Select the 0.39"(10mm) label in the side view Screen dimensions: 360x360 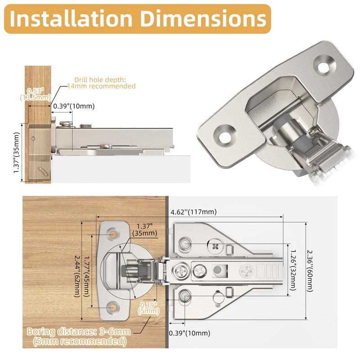coord(74,106)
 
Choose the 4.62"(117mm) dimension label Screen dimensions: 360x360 coord(193,211)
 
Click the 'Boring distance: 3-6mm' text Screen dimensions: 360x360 coord(78,332)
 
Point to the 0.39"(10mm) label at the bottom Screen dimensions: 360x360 coord(189,333)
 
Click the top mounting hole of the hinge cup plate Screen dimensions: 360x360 coord(113,234)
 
